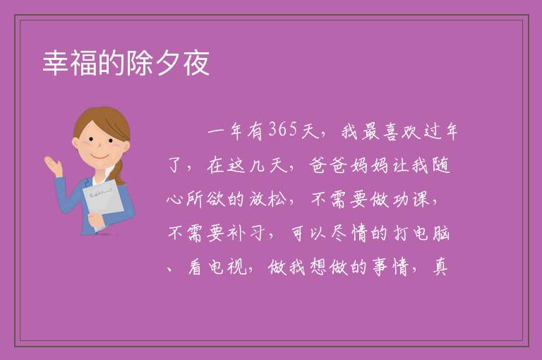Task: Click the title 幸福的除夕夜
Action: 126,63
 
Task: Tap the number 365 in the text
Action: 283,131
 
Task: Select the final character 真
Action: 440,267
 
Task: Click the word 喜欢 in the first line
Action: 401,131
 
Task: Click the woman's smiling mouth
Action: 100,156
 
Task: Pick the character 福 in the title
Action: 84,63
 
